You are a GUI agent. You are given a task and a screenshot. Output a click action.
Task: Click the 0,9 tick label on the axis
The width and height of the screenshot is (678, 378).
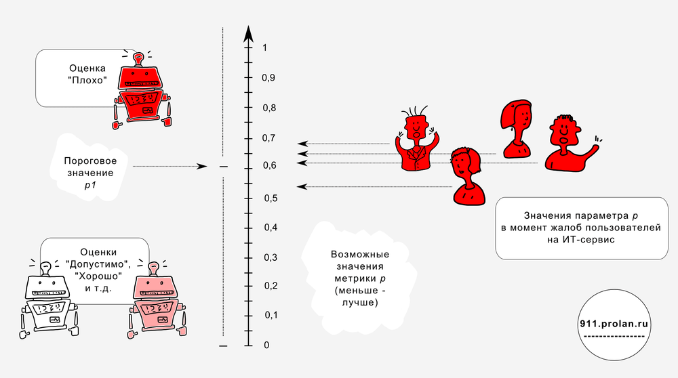pos(268,78)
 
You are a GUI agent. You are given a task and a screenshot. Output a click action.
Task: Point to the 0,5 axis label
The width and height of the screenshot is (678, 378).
pos(271,198)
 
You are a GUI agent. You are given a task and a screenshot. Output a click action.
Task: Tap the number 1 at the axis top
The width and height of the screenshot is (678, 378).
pos(264,47)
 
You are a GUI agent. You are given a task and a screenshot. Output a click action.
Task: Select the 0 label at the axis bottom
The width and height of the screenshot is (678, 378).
pos(266,345)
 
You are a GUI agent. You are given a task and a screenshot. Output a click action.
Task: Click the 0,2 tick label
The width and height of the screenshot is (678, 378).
pos(271,286)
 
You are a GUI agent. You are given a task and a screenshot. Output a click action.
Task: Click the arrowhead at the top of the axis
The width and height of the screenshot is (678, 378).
pos(248,34)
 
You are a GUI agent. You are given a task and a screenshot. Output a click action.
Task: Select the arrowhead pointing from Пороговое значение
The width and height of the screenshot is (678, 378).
pos(202,167)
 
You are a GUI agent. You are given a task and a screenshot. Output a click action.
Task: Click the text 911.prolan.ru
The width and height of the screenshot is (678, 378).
pos(614,324)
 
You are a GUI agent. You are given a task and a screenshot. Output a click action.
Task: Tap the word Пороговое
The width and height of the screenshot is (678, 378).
pos(90,161)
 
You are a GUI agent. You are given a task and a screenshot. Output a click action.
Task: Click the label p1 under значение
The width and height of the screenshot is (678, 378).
pos(90,186)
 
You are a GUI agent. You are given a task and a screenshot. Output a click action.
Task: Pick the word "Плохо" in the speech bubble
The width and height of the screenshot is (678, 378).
pos(87,80)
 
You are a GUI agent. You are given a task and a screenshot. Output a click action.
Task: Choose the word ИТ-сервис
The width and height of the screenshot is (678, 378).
pos(581,239)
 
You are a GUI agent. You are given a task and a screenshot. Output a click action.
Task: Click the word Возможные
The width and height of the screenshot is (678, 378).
pos(360,255)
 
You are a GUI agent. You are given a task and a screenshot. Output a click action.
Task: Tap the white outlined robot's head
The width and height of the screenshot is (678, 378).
pos(47,287)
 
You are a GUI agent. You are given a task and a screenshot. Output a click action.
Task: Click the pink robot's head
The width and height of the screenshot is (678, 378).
pos(155,287)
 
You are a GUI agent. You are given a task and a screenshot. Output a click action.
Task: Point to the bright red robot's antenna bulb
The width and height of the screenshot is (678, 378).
pos(138,57)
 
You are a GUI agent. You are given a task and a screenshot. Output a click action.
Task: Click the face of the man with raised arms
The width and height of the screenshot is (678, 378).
pos(416,127)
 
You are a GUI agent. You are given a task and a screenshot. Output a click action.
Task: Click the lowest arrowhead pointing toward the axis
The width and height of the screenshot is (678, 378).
pos(302,186)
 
